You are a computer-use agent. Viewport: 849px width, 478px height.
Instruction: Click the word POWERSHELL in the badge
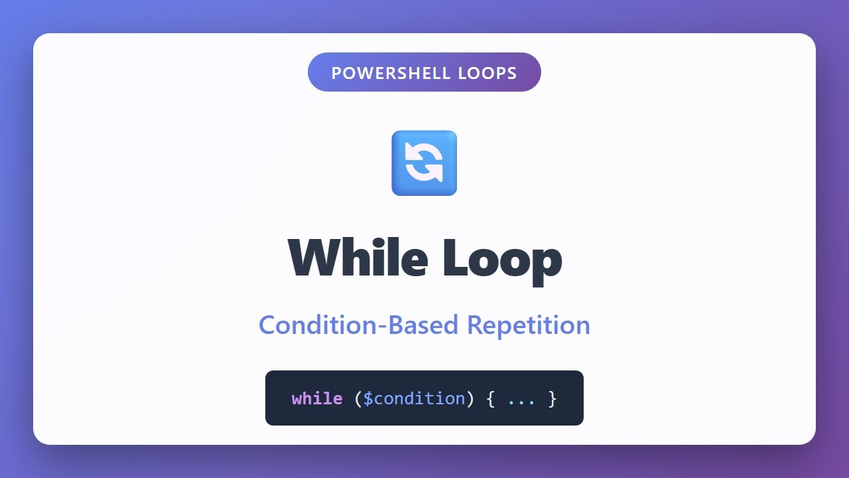click(383, 73)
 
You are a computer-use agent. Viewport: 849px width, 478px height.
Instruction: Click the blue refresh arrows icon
click(424, 163)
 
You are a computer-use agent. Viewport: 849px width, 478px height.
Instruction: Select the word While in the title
click(358, 258)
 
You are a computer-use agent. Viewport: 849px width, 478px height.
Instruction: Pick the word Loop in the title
click(502, 258)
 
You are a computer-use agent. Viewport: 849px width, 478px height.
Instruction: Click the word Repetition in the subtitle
click(528, 325)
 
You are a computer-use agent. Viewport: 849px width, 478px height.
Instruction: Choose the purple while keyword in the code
click(317, 398)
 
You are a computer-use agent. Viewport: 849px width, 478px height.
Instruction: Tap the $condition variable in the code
click(415, 398)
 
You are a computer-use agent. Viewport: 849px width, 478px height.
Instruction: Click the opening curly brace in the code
click(490, 398)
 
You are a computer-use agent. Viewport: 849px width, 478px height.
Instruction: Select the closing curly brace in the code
click(553, 398)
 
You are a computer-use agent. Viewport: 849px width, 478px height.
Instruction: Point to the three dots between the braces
click(521, 400)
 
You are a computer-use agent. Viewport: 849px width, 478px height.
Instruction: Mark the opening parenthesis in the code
click(358, 398)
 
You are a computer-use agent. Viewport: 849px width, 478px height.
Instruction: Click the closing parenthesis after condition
click(470, 398)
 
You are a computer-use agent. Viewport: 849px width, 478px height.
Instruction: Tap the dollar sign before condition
click(368, 398)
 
